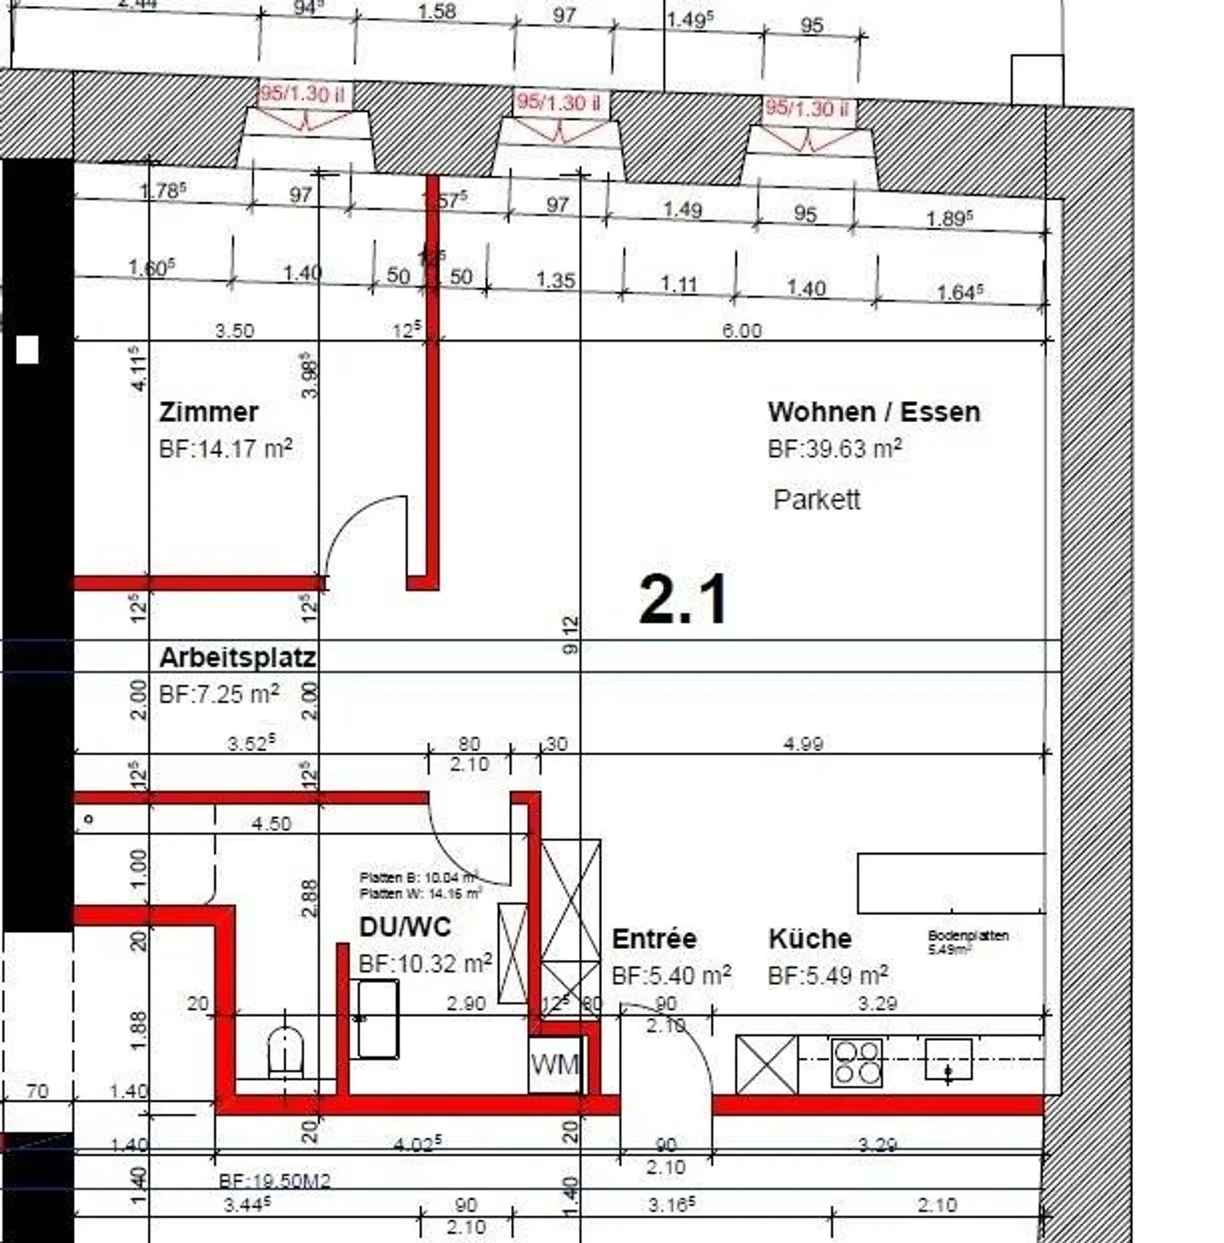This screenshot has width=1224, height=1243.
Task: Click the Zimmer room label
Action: pos(208,412)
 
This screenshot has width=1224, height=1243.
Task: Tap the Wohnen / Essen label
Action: pos(874,412)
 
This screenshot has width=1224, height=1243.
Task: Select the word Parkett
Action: pos(816,499)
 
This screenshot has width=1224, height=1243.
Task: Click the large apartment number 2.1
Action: pos(683,600)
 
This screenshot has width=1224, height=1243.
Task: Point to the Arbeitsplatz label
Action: pos(237,658)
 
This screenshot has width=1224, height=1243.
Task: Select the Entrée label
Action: pos(654,939)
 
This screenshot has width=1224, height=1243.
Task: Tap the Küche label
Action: pos(809,939)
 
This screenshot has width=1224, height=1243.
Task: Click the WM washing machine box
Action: pos(554,1064)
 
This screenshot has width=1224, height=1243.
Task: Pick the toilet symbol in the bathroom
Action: pos(286,1052)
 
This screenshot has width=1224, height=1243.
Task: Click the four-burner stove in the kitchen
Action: pos(857,1063)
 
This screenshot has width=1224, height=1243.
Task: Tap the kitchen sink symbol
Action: pos(948,1060)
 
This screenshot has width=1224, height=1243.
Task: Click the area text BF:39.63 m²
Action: pos(834,449)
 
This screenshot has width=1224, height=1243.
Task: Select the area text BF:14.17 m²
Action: pos(225,449)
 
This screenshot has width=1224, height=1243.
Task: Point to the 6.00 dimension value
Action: pos(741,331)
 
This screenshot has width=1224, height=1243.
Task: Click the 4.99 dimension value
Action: pos(802,744)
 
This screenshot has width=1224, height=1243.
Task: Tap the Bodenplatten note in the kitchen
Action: pos(967,941)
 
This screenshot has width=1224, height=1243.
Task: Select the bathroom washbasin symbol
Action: pos(377,1019)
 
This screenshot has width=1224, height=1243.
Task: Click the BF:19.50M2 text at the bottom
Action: pos(274,1181)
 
